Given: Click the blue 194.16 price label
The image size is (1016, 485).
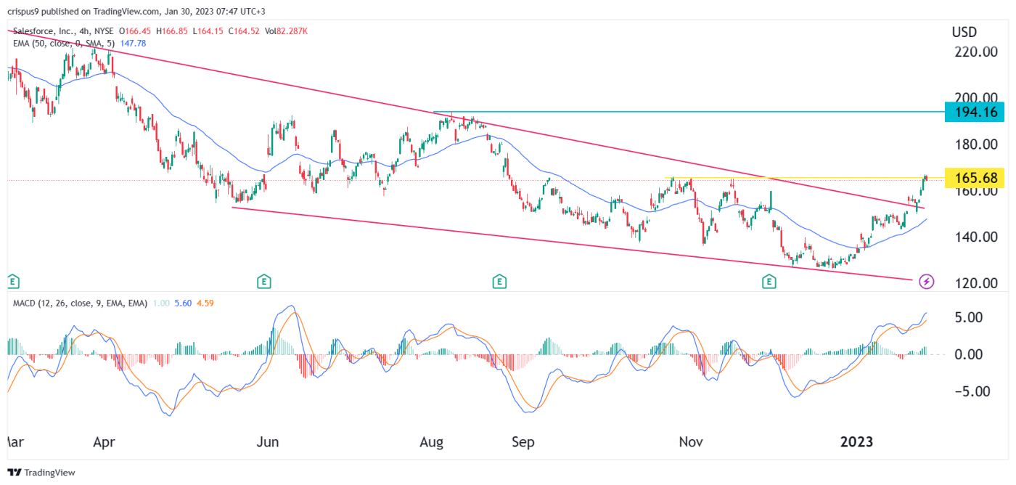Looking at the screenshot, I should pos(975,112).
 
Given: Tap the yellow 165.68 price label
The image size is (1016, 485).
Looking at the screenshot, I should pos(975,178).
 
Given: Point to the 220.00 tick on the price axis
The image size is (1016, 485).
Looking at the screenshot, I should pos(975,52).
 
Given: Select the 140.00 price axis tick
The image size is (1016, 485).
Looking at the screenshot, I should pos(975,237).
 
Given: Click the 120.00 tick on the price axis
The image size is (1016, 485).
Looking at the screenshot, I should pos(975,283).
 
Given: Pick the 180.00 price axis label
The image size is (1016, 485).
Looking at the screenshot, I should pos(975,144).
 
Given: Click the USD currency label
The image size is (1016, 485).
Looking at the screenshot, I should pos(964,32).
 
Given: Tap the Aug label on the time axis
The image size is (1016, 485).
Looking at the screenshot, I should pos(432,441).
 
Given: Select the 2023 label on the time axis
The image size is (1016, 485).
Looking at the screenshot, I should pos(856,441).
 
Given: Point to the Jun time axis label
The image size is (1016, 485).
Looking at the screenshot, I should pos(269,441).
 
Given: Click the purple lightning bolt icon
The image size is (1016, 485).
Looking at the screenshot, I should pos(926,280).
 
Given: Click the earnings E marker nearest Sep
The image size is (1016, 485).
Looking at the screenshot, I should pos(499,280).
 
